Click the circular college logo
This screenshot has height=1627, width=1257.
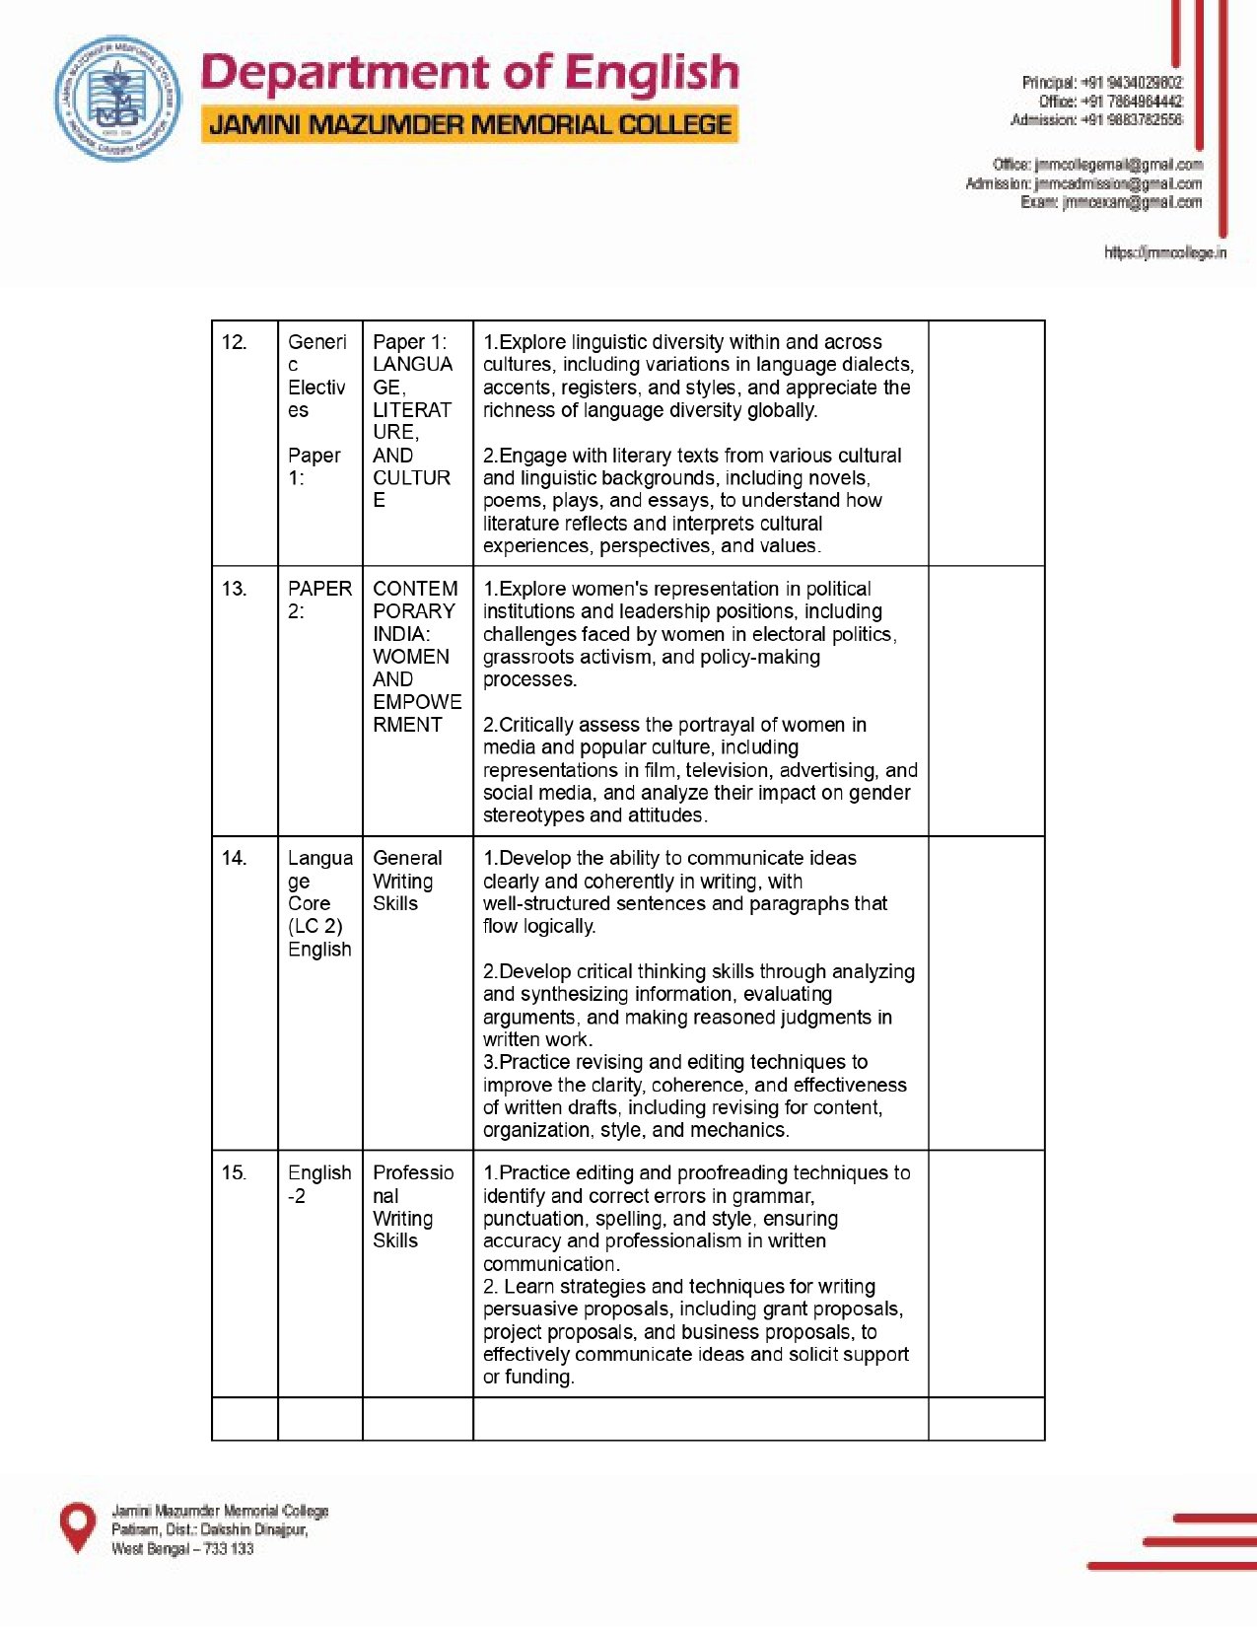(117, 99)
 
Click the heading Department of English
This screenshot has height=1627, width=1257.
(469, 74)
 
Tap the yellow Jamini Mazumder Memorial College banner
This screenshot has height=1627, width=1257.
(469, 125)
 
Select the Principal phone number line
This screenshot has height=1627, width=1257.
(1101, 83)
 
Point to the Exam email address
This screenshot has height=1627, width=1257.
(1111, 202)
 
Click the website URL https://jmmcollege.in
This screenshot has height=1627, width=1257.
(1164, 252)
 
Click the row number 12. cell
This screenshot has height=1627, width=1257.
(235, 342)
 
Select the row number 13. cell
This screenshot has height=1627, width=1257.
(235, 589)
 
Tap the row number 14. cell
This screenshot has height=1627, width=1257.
(235, 858)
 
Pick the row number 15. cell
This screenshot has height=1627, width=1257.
(235, 1172)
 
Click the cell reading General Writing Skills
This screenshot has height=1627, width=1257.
(407, 881)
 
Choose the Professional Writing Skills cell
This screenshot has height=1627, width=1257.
(412, 1206)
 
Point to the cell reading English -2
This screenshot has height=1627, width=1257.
(319, 1183)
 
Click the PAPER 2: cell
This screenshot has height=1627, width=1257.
(319, 600)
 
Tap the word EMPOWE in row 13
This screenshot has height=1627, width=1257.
(417, 702)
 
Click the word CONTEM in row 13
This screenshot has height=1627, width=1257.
(415, 589)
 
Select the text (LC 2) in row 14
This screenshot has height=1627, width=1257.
(315, 926)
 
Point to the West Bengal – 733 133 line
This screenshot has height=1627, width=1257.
(182, 1549)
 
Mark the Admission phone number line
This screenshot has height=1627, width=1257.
(1095, 120)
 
